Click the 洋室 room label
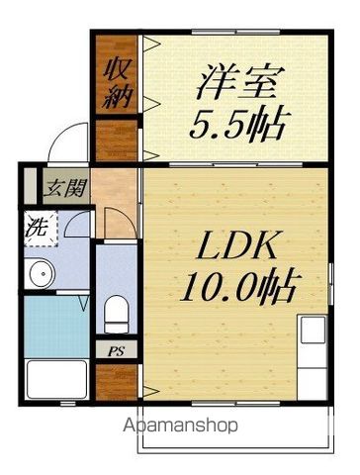coord(236,82)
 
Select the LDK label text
coord(235,245)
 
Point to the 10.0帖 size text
coord(236,286)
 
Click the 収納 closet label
coord(117,82)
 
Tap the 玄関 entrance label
coord(66,188)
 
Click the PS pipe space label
coord(116,351)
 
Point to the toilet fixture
coord(116,314)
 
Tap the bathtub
coord(56,379)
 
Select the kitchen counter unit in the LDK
coord(312,357)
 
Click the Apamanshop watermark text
coord(180,426)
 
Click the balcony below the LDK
coord(235,429)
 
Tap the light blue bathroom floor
coord(56,327)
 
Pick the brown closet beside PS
coord(116,382)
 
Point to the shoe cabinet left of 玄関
coord(31,186)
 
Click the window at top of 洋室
coord(235,32)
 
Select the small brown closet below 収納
coord(116,141)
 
